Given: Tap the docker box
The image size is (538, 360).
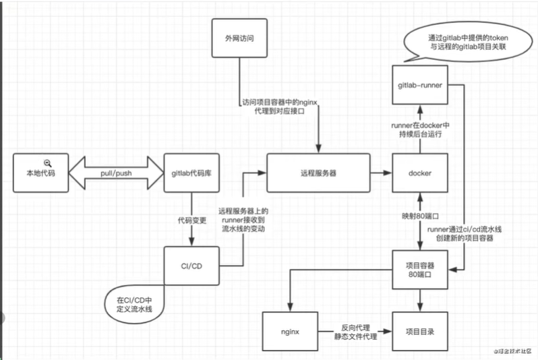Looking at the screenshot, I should [x=420, y=173].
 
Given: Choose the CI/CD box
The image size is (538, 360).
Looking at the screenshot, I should [x=191, y=266].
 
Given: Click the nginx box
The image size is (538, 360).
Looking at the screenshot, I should [x=290, y=332].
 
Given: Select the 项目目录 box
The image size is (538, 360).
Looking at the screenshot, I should [x=420, y=332].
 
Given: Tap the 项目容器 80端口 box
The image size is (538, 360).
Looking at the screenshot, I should [x=420, y=270].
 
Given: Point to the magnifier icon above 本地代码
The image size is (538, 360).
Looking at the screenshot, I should [x=48, y=162].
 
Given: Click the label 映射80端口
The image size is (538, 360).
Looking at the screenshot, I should [x=420, y=216].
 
